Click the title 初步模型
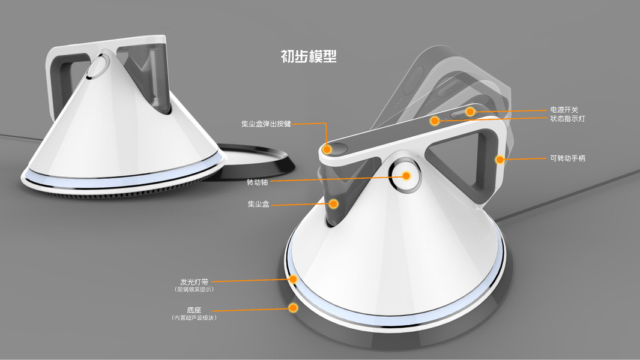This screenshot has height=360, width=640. tap(309, 56)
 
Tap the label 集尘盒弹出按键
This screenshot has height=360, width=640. tap(266, 124)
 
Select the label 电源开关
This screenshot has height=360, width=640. tap(564, 110)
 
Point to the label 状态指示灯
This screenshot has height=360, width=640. tap(567, 119)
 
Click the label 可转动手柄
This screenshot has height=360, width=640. tap(567, 158)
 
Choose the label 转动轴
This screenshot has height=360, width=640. tap(258, 181)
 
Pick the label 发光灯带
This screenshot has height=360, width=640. tap(194, 281)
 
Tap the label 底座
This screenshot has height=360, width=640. tap(194, 310)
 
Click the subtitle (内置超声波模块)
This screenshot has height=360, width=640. tap(194, 317)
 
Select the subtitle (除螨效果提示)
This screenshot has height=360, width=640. tap(194, 289)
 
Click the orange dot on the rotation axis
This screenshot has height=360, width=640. tap(406, 176)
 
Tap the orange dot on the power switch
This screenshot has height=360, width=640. tap(471, 111)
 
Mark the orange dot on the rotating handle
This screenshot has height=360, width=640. tap(498, 160)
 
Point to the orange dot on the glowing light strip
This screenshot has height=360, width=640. tap(294, 279)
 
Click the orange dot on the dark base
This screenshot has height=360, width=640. tap(294, 308)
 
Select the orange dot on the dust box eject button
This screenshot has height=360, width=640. tap(327, 148)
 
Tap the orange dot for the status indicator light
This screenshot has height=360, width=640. tap(434, 121)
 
